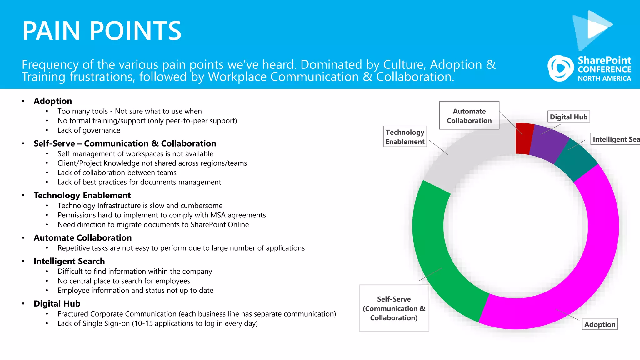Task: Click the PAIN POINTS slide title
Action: tap(102, 31)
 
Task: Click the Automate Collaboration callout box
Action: tap(469, 116)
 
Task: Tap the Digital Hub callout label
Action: tap(568, 117)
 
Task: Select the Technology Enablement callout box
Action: tap(405, 137)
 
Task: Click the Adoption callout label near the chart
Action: tap(599, 324)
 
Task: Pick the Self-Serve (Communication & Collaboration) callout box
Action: tap(394, 308)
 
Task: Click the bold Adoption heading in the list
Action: tap(53, 101)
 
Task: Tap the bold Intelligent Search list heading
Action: tap(69, 261)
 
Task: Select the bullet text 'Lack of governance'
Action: tap(89, 130)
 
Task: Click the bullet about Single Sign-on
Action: tap(157, 323)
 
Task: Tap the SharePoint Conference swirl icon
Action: tap(560, 68)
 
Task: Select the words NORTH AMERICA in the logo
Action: tap(604, 78)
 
